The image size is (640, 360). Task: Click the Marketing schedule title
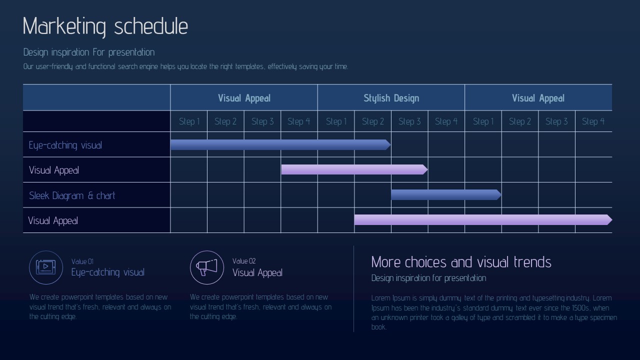tap(105, 26)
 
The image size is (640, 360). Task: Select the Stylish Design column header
tap(391, 98)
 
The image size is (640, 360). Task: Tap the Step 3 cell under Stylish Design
tap(409, 121)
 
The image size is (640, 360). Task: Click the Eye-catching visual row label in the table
tap(65, 145)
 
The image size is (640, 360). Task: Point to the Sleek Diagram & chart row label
tap(72, 195)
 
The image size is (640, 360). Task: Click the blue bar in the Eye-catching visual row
tap(280, 144)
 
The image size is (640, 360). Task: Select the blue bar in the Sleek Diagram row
tap(446, 194)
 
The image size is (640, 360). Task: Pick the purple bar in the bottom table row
tap(483, 219)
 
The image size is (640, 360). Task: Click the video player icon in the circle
tap(45, 267)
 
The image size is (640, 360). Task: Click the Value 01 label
tap(82, 261)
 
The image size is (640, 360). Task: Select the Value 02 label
tap(244, 261)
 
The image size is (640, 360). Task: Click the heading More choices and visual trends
tap(461, 262)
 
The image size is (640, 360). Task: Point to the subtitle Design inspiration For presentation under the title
tap(89, 52)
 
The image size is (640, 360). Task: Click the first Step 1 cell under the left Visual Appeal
tap(189, 121)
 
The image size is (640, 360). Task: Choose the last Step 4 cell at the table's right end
tap(593, 121)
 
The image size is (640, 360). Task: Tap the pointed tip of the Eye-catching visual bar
tap(390, 144)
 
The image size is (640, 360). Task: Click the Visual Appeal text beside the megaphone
tap(257, 272)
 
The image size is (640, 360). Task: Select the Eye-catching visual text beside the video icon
tap(107, 272)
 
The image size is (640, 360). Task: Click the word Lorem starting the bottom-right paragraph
tap(380, 298)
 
